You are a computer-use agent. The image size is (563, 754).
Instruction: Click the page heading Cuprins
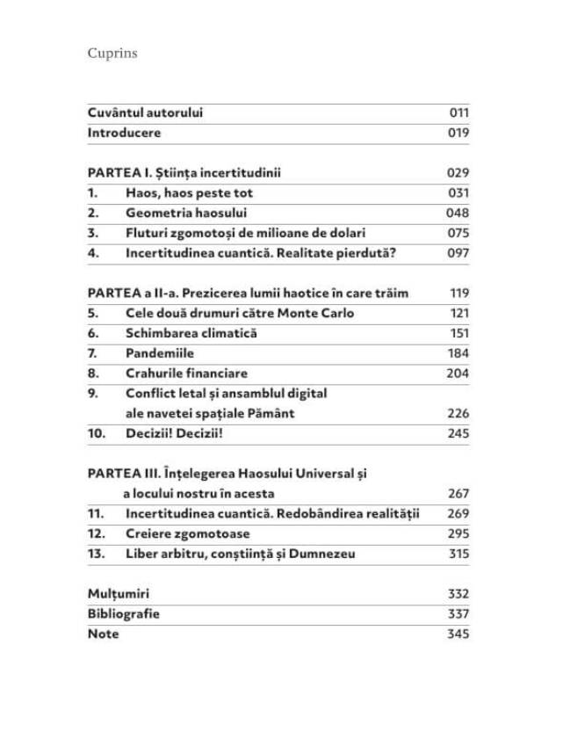tap(112, 54)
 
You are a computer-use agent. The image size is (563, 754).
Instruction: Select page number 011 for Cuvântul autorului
tap(458, 112)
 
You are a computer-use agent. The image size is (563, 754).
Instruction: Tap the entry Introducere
tap(124, 133)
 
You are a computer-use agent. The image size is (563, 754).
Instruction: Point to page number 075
tap(458, 233)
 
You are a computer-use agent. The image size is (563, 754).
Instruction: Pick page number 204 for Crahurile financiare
tap(458, 373)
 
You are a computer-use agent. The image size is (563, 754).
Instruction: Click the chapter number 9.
tap(93, 393)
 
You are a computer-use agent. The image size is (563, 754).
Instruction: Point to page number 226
tap(458, 413)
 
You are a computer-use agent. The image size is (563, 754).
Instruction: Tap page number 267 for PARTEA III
tap(458, 494)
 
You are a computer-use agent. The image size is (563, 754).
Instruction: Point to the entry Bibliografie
tap(124, 614)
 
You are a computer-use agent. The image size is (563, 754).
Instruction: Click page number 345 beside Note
tap(458, 634)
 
